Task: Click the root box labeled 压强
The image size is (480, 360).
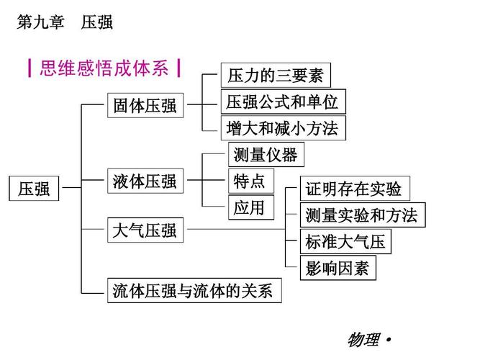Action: point(34,189)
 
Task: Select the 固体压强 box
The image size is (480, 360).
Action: point(145,106)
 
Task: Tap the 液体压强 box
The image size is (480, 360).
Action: point(145,181)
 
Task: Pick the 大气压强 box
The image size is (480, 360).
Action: point(145,230)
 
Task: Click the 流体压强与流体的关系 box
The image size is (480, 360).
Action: point(193,291)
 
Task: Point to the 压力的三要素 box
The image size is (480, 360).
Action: point(276,75)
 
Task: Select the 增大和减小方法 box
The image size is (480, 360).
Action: point(281,128)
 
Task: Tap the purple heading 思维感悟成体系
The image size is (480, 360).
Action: point(104,69)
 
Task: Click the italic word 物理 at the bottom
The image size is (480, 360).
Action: point(363,340)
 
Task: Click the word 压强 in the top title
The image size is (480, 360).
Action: point(97,22)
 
